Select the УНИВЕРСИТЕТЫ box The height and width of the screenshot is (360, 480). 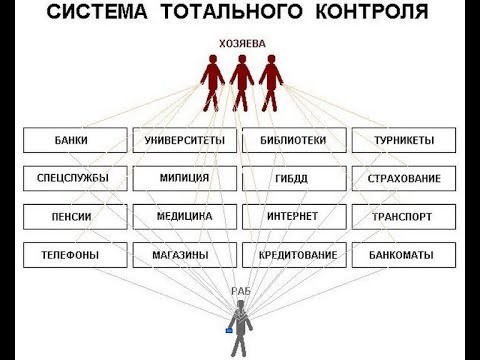coord(184,140)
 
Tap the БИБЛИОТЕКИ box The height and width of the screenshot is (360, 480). coord(292,140)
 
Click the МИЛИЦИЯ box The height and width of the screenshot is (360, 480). coord(184,178)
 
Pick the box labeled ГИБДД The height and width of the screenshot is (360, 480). coord(292,178)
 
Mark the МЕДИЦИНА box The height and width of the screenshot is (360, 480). coord(184,216)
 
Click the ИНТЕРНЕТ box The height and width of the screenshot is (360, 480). coord(292,216)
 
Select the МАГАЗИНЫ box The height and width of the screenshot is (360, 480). coord(184,255)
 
